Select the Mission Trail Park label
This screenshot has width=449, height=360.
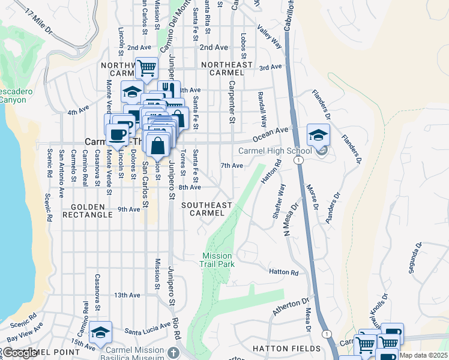[x=217, y=259]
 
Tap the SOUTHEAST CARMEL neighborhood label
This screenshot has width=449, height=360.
[x=206, y=209]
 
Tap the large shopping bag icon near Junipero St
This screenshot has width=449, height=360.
[x=157, y=146]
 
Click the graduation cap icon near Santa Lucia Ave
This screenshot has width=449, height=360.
[x=100, y=332]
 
